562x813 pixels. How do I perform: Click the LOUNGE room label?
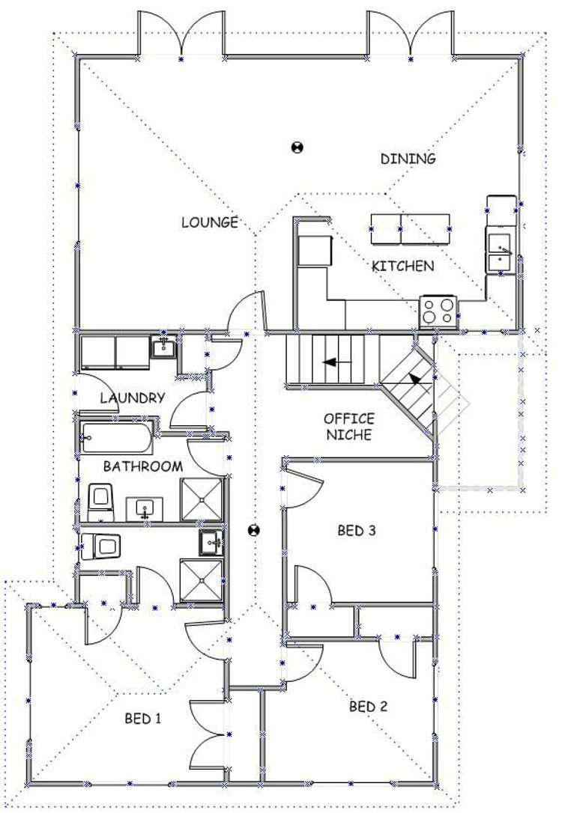coord(210,222)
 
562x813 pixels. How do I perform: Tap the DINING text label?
coord(408,159)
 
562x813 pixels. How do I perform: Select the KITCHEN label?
coord(402,266)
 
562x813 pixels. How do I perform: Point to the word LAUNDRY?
coord(132,398)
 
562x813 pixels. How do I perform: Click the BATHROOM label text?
coord(142,466)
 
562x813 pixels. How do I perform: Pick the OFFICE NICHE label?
coord(348,427)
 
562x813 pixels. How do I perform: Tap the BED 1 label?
coord(143,719)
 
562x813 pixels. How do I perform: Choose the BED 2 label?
coord(368,706)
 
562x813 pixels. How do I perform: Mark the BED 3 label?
coord(356,531)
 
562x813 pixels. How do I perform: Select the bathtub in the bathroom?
coord(116,437)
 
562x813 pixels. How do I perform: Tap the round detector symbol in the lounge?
coord(297,147)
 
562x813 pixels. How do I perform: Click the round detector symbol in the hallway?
coord(254,531)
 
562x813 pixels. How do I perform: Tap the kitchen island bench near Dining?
coord(410,229)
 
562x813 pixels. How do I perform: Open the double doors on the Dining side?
coord(410,34)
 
